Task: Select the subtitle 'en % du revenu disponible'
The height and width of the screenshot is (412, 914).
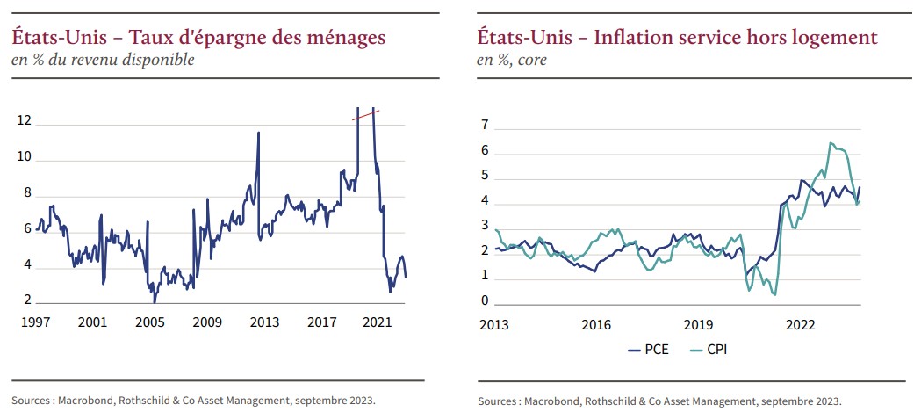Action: point(102,60)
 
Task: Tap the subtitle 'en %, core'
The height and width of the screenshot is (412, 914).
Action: point(512,60)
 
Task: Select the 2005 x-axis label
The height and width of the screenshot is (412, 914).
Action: point(149,322)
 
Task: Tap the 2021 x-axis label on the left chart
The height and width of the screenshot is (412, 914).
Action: point(377,322)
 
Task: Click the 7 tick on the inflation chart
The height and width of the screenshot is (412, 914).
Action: point(484,126)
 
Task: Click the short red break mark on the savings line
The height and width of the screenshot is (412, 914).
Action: point(365,114)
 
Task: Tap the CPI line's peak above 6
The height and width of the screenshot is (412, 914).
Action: point(830,142)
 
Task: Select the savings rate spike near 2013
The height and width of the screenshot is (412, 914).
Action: point(258,134)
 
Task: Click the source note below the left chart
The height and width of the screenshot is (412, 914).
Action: point(193,400)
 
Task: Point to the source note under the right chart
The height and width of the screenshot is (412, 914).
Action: point(659,401)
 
